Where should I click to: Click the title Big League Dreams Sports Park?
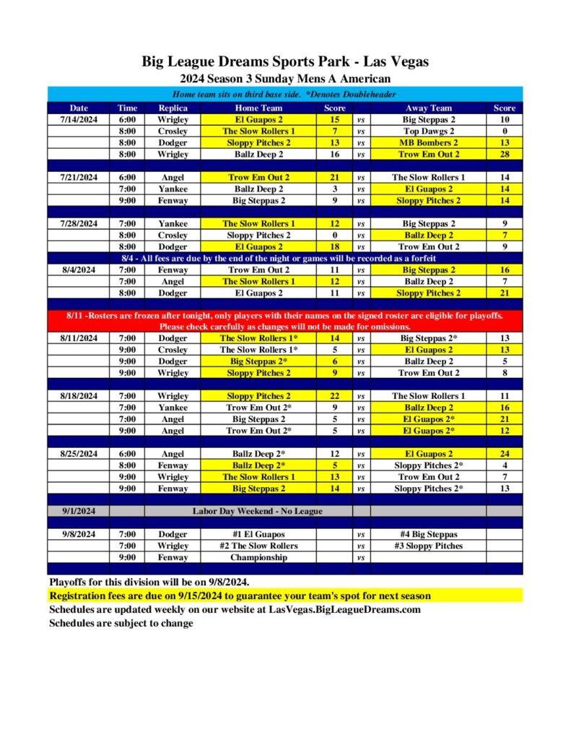[285, 62]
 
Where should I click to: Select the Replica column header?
[173, 108]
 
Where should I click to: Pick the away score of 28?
[505, 154]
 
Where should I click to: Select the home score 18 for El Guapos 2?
[334, 246]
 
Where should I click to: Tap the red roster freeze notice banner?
[285, 321]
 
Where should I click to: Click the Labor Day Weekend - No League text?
[258, 511]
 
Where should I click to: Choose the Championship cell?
[258, 557]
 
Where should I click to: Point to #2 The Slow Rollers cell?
[258, 546]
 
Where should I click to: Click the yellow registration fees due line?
[240, 596]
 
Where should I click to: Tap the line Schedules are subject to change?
[121, 623]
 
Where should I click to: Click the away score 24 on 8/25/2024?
[505, 454]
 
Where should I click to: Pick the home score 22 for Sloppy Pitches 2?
[334, 396]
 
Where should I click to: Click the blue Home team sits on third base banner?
[285, 95]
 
